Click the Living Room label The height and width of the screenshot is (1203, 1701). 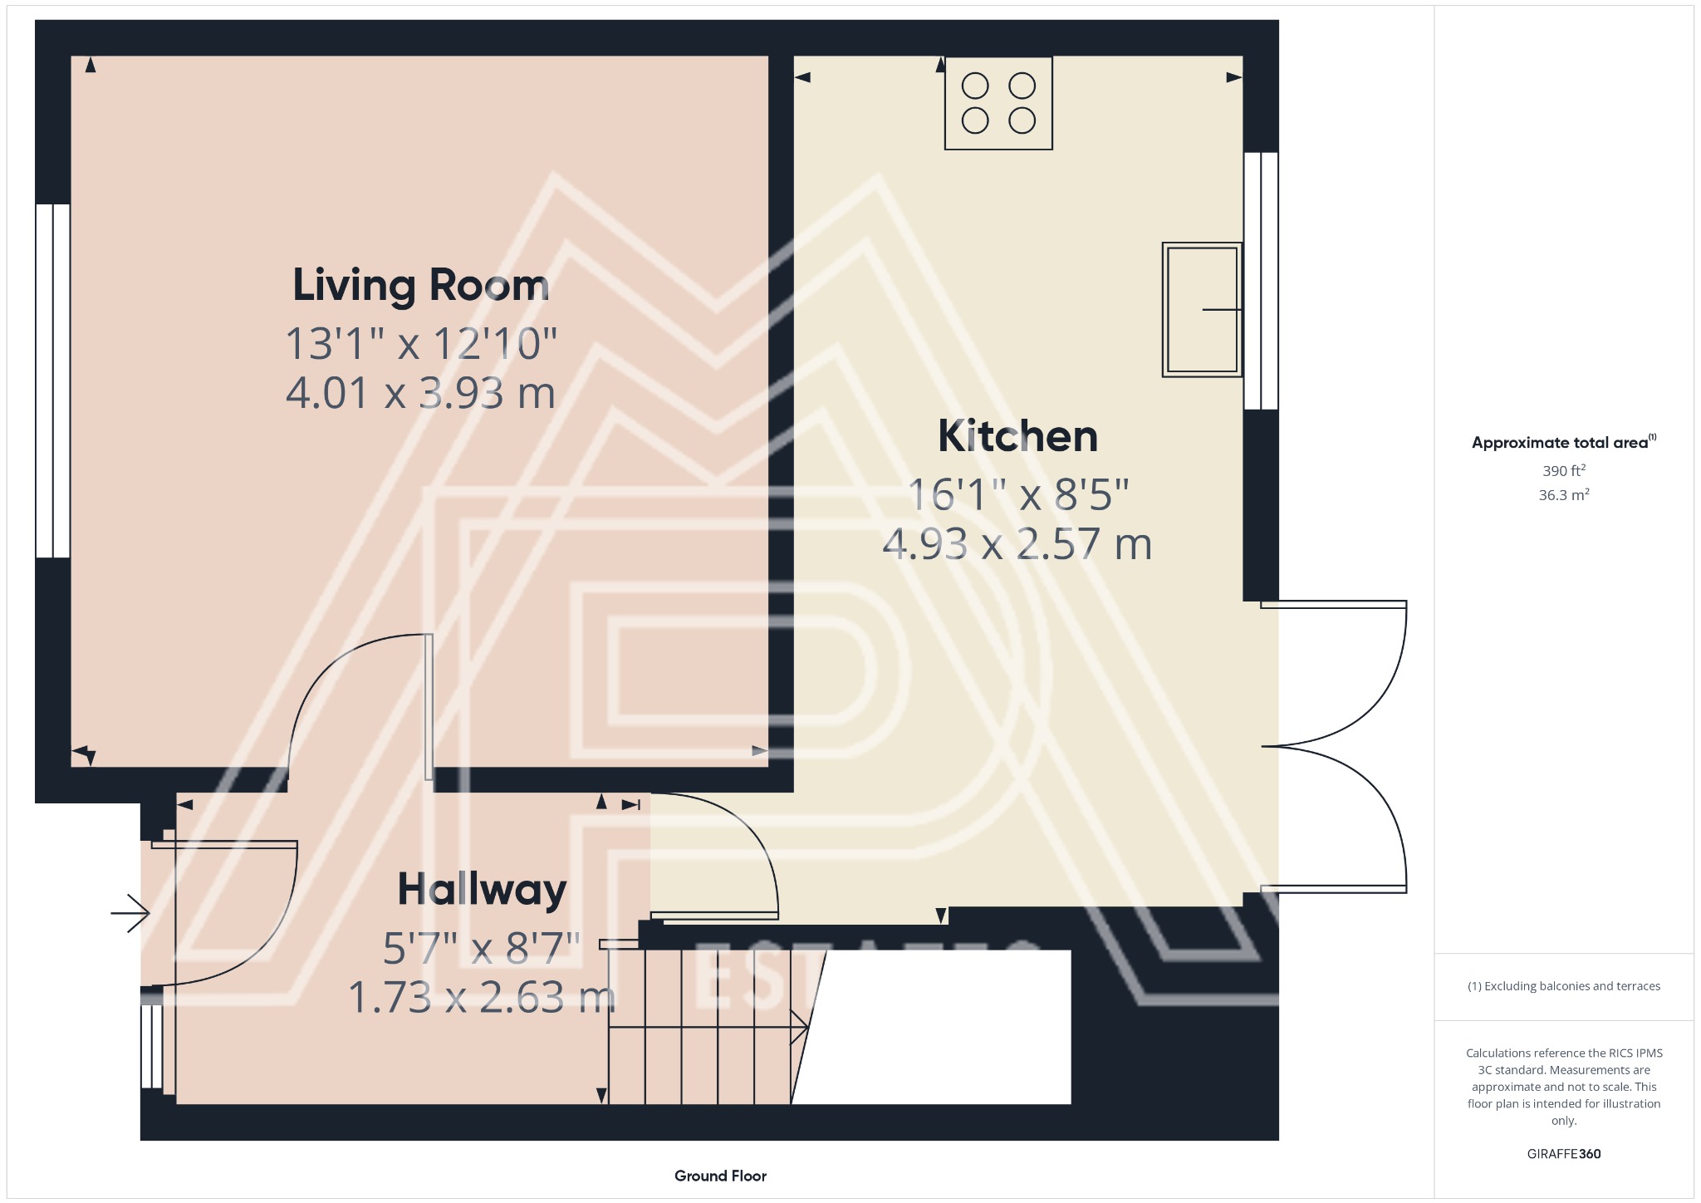(421, 285)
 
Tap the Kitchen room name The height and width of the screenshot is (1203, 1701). (1017, 435)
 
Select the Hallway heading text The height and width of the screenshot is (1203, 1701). (482, 889)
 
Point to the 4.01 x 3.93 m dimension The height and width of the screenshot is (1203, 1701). (420, 393)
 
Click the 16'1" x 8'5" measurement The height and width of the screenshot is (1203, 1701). (1017, 495)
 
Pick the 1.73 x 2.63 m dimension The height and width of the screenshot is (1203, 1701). (482, 997)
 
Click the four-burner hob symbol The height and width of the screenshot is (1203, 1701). (998, 103)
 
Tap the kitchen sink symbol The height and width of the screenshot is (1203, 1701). (1202, 310)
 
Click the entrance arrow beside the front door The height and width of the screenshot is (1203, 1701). (130, 913)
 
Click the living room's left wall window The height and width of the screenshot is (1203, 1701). (53, 381)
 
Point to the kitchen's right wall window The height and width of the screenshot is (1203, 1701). (1261, 281)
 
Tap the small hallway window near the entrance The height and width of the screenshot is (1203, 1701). (151, 1046)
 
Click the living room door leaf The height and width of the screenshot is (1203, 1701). (429, 707)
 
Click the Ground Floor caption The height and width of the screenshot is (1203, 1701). (720, 1176)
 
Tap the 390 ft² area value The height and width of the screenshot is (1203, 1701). (1563, 470)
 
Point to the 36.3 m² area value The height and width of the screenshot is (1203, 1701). (1563, 495)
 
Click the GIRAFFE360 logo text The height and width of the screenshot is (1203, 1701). (1563, 1153)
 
